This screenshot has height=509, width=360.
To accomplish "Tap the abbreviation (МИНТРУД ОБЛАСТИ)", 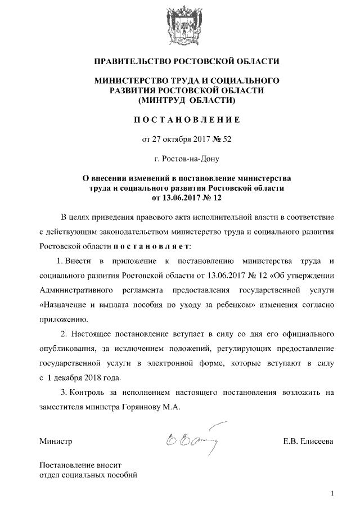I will tap(186, 101).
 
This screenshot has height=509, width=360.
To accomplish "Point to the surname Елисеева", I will tap(315, 442).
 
